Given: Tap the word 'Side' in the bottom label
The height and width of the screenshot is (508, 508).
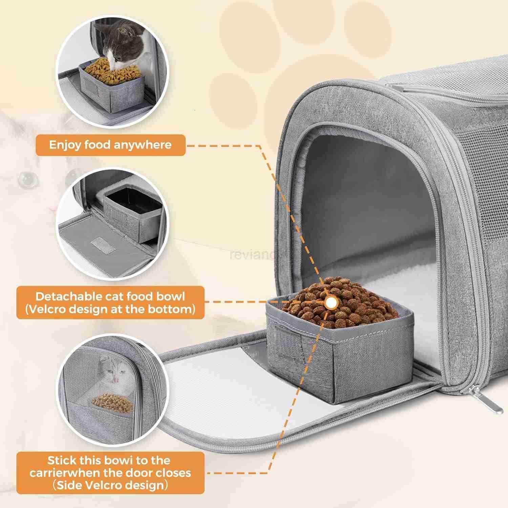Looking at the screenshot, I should (x=69, y=485).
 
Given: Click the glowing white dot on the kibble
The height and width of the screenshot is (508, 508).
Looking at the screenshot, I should (x=331, y=302).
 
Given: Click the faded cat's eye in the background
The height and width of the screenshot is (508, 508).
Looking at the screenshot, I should (x=27, y=178).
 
